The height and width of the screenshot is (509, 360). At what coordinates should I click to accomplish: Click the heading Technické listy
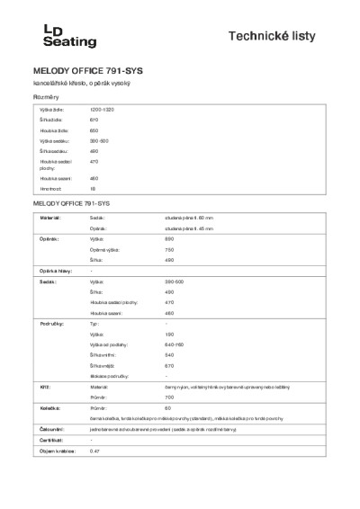tap(284, 35)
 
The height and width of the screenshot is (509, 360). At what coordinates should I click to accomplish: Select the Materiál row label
tap(49, 217)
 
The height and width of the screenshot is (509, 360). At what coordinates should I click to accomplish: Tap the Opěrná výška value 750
tap(168, 249)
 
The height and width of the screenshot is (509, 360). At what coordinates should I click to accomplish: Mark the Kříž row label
tap(42, 386)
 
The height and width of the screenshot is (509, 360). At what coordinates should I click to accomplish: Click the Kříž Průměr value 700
tap(168, 397)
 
